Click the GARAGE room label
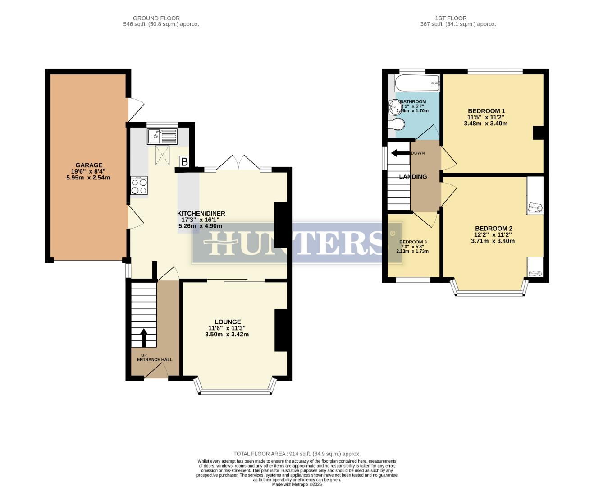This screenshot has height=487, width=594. (89, 165)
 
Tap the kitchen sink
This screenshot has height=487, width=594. (162, 136)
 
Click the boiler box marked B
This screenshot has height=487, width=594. (184, 161)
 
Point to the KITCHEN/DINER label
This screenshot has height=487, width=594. (201, 213)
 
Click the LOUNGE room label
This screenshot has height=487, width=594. (228, 322)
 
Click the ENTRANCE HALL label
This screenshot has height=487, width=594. (155, 359)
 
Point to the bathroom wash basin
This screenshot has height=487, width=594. (393, 107)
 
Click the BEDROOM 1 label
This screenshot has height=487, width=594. (486, 111)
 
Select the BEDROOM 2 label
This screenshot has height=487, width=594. (493, 229)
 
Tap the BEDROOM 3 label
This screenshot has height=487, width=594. (412, 242)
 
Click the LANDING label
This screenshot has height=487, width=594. (413, 177)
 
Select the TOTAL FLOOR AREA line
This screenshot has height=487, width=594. (297, 454)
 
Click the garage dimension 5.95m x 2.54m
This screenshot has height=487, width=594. (88, 178)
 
